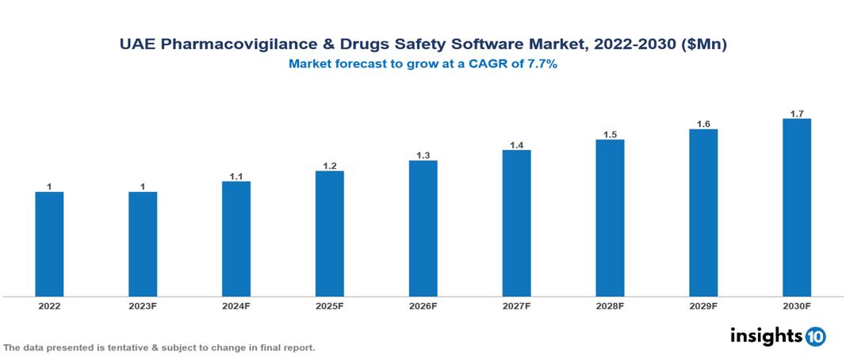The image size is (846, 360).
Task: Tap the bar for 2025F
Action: pyautogui.click(x=329, y=234)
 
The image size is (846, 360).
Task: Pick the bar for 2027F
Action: pyautogui.click(x=516, y=223)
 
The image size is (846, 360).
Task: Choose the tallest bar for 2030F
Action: pyautogui.click(x=797, y=208)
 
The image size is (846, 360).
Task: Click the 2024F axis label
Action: pyautogui.click(x=236, y=305)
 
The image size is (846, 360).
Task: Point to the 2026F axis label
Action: pyautogui.click(x=423, y=305)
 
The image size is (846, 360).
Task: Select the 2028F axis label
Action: pyautogui.click(x=610, y=305)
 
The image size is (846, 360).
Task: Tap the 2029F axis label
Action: pyautogui.click(x=703, y=305)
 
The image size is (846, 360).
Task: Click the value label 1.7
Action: pyautogui.click(x=797, y=113)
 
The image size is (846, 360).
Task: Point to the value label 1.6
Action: pyautogui.click(x=703, y=124)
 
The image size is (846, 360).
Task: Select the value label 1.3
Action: pyautogui.click(x=423, y=155)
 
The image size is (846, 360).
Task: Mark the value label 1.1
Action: pyautogui.click(x=236, y=176)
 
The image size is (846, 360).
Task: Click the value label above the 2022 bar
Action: pyautogui.click(x=49, y=187)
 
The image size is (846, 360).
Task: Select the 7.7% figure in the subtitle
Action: pyautogui.click(x=541, y=65)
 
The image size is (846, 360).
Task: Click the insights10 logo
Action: pyautogui.click(x=778, y=336)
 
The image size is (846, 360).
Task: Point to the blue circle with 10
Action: pyautogui.click(x=815, y=336)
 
